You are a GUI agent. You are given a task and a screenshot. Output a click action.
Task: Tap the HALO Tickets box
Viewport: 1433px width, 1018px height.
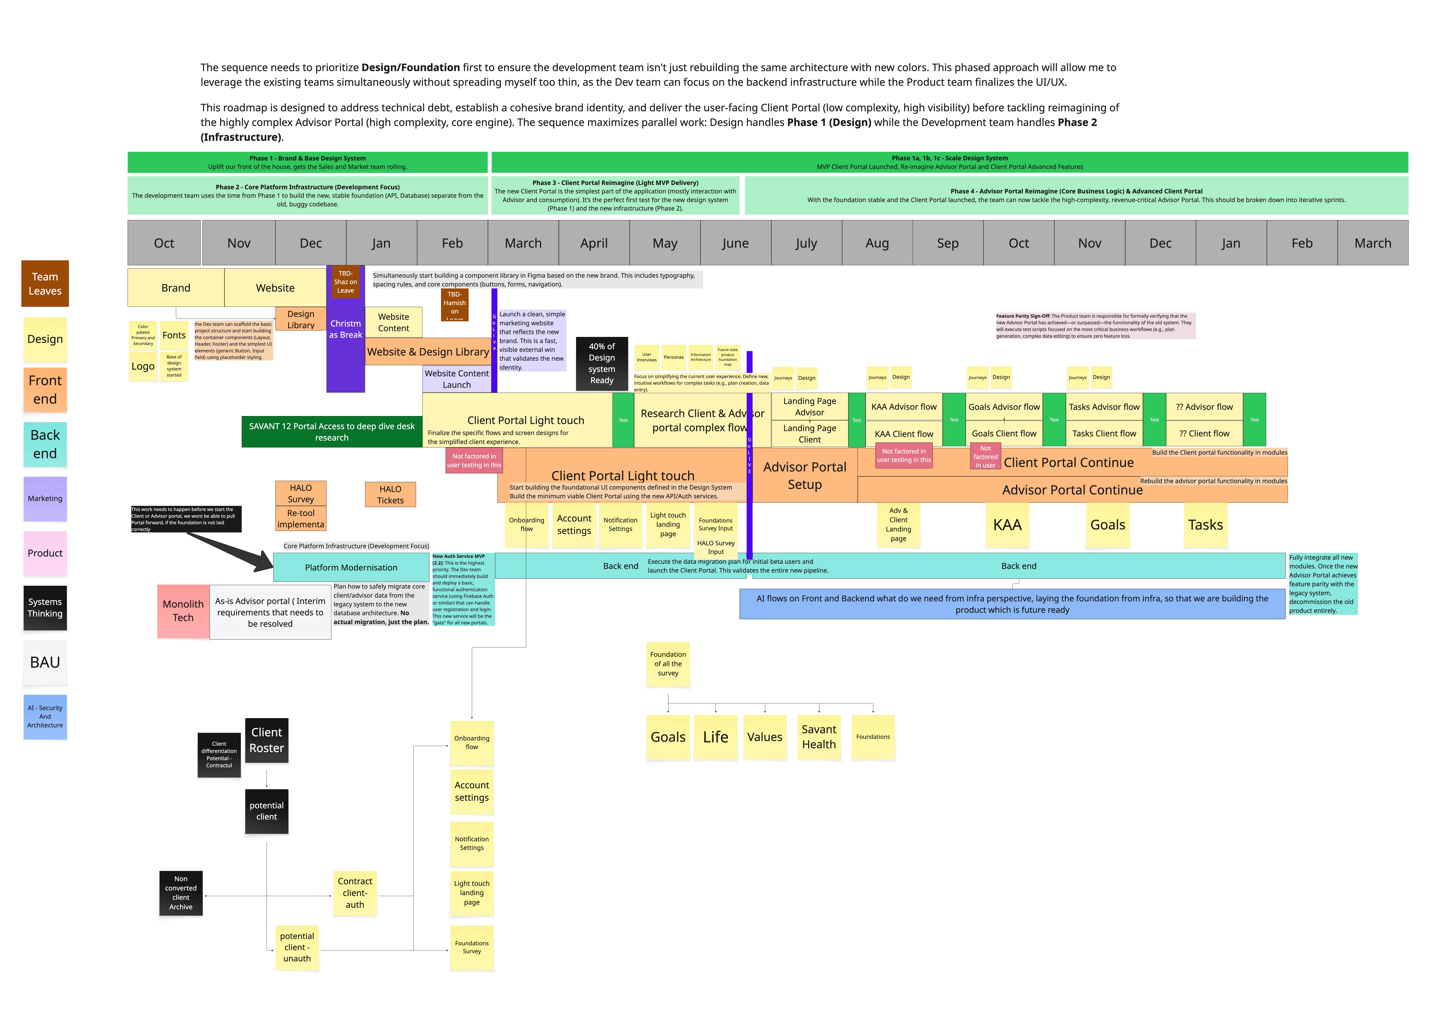point(390,495)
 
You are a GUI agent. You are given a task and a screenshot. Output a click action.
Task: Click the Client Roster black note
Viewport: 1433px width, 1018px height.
point(266,740)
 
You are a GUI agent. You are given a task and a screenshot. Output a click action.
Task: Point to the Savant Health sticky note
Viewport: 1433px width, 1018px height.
point(818,737)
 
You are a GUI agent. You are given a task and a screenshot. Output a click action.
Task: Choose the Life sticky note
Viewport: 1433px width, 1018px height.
point(716,737)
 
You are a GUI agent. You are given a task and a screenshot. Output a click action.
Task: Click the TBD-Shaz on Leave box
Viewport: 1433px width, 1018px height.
point(345,282)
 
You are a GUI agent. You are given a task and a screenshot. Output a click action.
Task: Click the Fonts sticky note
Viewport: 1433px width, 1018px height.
point(174,335)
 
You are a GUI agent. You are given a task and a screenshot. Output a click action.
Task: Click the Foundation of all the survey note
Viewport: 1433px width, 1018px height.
point(668,664)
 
